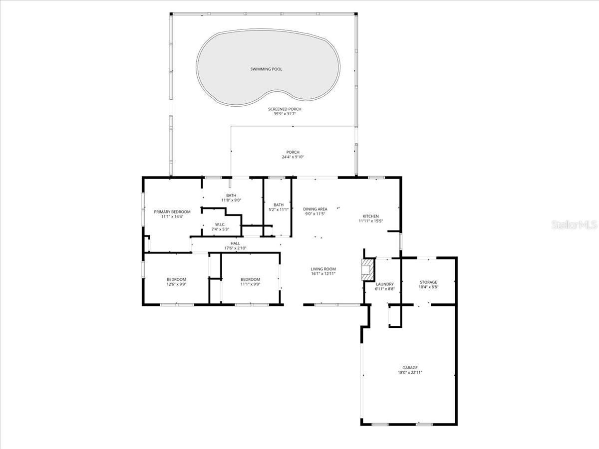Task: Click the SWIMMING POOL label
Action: click(x=266, y=69)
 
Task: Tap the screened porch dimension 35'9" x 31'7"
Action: click(x=285, y=114)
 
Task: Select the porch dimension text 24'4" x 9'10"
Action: click(x=293, y=157)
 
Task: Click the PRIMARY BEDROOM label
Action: click(x=172, y=212)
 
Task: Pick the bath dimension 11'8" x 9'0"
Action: click(x=231, y=201)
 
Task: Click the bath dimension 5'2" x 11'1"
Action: click(x=279, y=210)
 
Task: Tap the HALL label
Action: click(x=235, y=243)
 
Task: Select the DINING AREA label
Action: click(x=315, y=209)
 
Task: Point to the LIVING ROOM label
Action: click(x=323, y=269)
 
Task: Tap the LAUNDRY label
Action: click(x=385, y=284)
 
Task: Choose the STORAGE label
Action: click(x=428, y=282)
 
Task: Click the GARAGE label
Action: click(x=410, y=368)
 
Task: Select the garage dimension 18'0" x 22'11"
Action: click(x=410, y=373)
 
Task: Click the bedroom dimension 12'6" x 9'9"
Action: click(x=176, y=284)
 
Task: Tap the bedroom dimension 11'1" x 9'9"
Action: click(x=250, y=284)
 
